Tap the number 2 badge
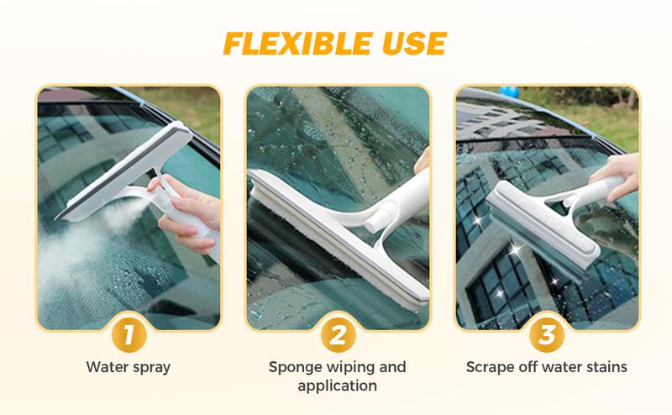coord(337,335)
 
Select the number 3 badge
coord(546,335)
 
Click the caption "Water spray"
coord(128,367)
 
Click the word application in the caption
coord(337,386)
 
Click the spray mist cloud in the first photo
coord(76,252)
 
